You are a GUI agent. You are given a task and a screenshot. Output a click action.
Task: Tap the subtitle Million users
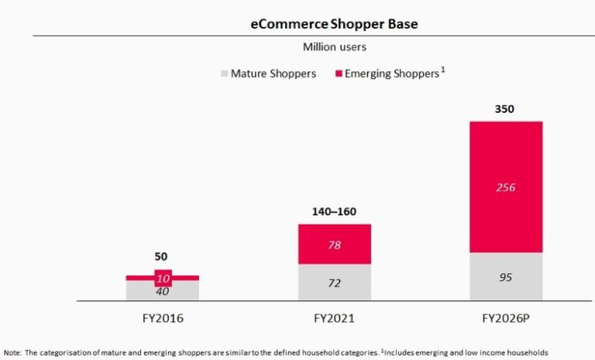(x=335, y=47)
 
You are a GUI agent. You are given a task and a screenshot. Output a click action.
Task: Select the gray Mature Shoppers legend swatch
(x=225, y=74)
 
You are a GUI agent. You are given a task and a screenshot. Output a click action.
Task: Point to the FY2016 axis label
(x=162, y=317)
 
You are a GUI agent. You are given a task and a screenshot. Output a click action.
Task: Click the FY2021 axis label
(x=335, y=317)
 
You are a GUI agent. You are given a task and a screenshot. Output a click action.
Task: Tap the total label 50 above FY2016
(x=160, y=256)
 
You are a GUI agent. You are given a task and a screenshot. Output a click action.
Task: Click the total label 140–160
(x=335, y=211)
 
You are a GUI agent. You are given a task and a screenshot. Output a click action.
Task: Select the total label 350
(x=504, y=109)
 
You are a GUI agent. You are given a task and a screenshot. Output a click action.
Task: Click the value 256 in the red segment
(x=505, y=187)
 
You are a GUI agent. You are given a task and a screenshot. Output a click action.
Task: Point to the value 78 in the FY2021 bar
(x=335, y=245)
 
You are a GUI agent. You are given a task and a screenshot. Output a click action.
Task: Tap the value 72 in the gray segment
(x=335, y=283)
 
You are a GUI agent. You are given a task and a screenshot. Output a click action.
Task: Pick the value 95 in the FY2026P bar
(x=505, y=276)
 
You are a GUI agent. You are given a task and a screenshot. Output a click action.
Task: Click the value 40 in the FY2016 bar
(x=162, y=291)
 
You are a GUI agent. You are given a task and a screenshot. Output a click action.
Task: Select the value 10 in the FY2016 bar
(x=163, y=278)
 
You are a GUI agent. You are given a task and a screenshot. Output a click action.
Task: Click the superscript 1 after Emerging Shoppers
(x=442, y=70)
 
